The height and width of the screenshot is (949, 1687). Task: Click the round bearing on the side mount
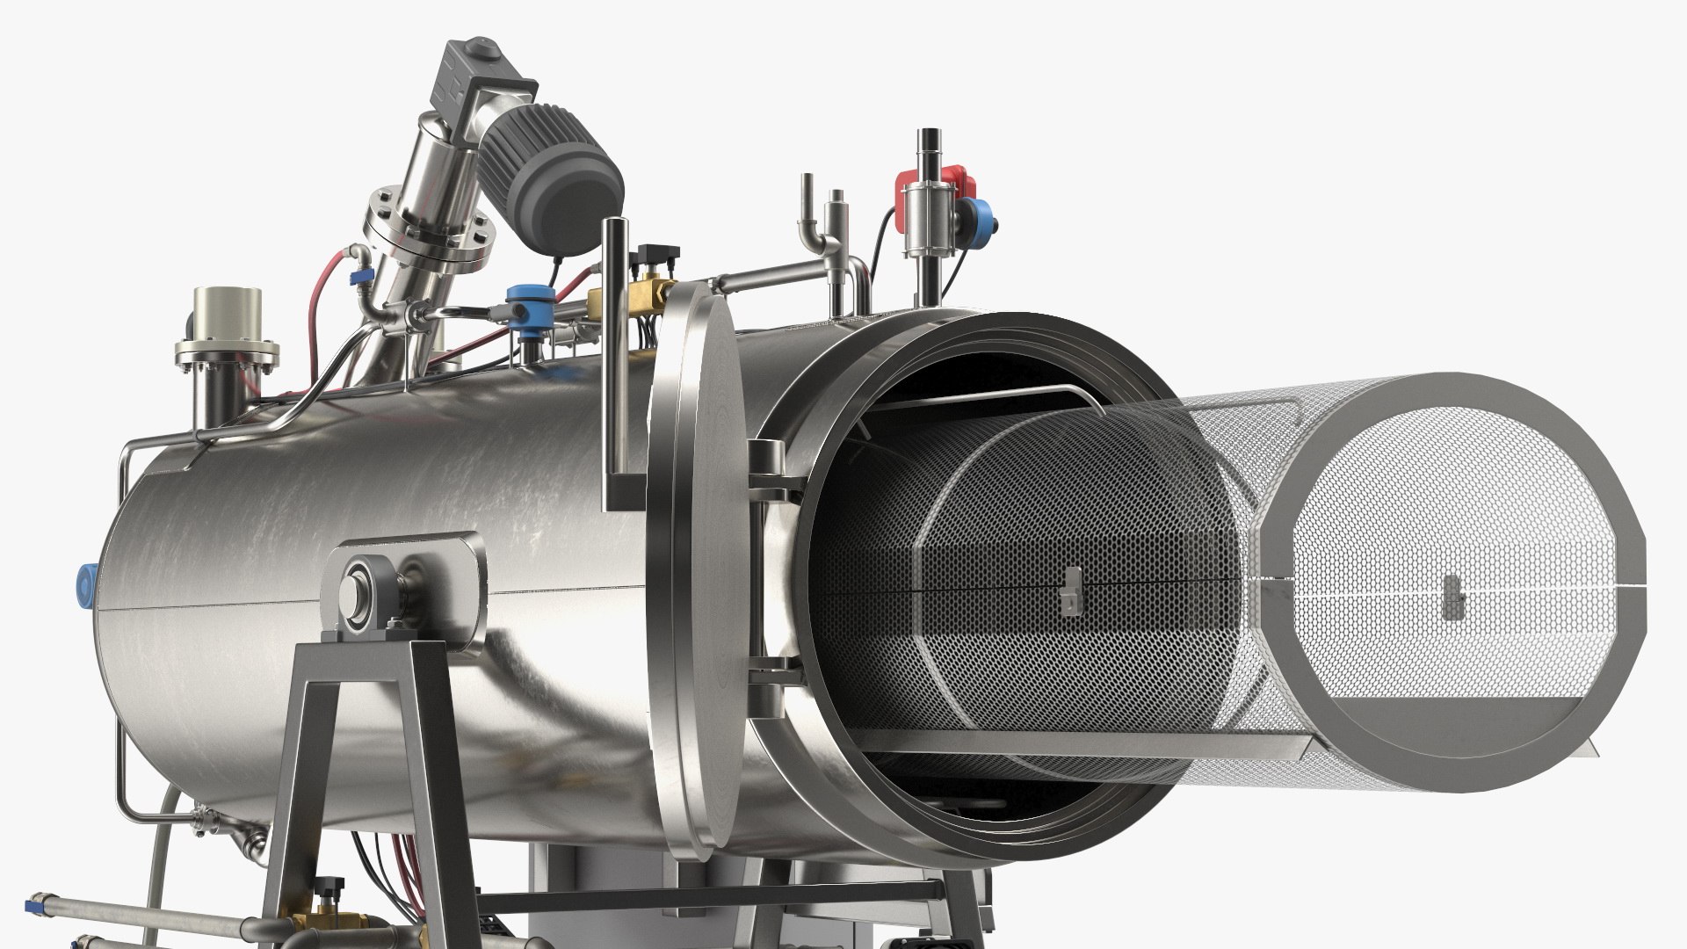(359, 588)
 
